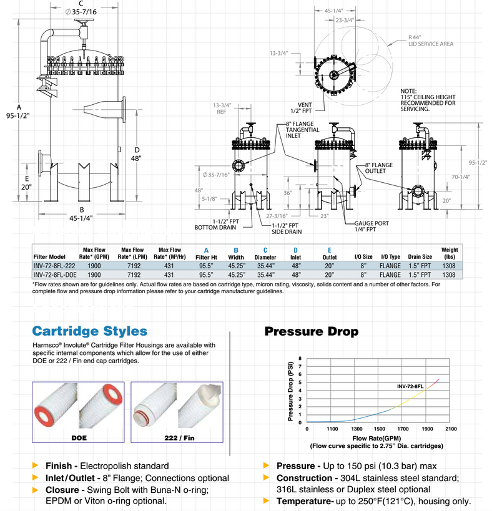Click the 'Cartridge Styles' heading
90,331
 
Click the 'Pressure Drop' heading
311,331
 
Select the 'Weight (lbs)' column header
450,253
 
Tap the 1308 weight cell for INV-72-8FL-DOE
450,275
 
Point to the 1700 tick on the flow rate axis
403,429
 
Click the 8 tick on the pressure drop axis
300,359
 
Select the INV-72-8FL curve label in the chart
412,386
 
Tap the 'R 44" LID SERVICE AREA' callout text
430,41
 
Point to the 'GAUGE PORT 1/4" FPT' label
373,226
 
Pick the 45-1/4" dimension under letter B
82,218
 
